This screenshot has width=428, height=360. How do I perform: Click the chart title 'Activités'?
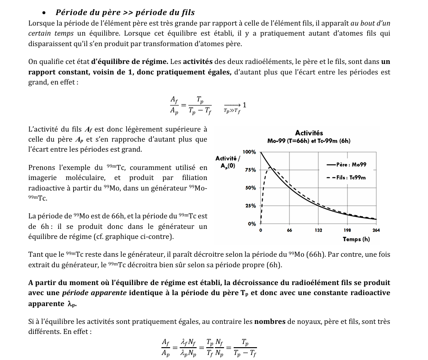[x=309, y=133]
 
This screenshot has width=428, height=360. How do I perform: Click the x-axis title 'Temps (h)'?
[x=356, y=239]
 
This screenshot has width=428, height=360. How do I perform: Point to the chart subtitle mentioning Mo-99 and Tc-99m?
[x=309, y=141]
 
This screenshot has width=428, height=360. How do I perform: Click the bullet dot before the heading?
[x=44, y=13]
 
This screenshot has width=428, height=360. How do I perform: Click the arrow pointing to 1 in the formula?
[x=232, y=105]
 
